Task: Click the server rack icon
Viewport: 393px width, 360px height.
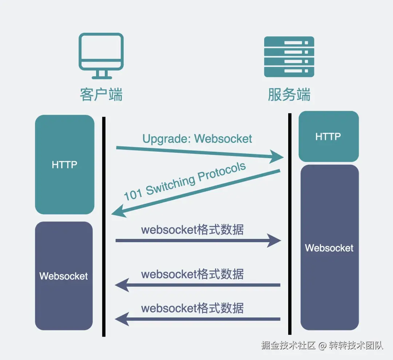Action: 289,56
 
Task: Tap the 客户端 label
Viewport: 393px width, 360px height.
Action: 101,95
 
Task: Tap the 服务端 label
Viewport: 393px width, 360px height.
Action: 289,95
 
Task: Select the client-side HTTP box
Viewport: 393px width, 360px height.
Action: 64,165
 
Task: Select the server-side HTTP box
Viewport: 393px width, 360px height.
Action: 328,137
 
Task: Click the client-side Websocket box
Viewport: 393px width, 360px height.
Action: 64,276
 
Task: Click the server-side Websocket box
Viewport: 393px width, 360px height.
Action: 329,248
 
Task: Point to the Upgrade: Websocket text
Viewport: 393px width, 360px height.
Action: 197,139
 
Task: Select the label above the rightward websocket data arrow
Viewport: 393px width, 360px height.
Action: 192,230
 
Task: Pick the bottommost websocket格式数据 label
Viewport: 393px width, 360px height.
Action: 192,308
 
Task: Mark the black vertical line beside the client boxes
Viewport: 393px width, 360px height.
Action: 104,225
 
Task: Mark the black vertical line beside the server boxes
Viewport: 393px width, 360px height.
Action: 290,224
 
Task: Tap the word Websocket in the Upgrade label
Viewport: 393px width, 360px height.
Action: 223,139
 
